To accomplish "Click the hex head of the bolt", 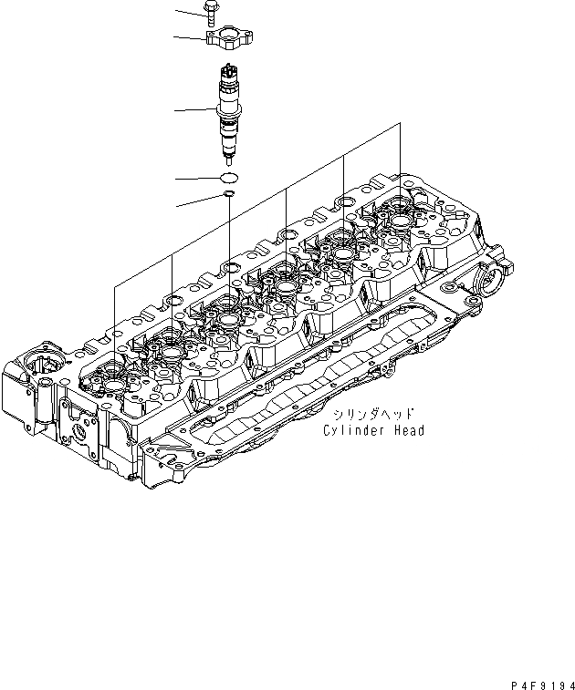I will pyautogui.click(x=208, y=9).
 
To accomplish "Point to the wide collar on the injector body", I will pyautogui.click(x=228, y=116).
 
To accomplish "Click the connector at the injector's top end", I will pyautogui.click(x=228, y=68).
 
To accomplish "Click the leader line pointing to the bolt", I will pyautogui.click(x=188, y=10).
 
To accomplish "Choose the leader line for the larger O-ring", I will pyautogui.click(x=196, y=177).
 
